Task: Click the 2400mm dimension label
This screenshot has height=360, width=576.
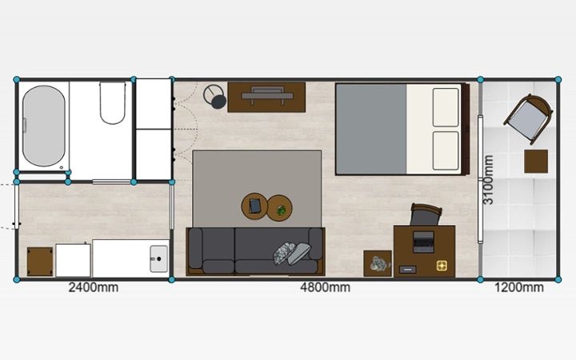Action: click(x=94, y=287)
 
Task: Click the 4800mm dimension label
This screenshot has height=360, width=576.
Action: click(x=325, y=287)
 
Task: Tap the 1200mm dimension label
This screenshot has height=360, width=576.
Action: click(x=518, y=287)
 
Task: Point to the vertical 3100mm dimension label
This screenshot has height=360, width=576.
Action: click(x=488, y=180)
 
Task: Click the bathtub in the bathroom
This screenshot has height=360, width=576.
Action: click(x=44, y=126)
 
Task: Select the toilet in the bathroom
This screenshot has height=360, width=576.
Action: click(x=113, y=102)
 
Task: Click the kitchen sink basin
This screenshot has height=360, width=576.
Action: click(x=159, y=259)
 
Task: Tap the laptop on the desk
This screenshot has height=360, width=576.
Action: click(x=423, y=242)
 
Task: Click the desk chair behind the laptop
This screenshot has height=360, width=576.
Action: click(x=426, y=214)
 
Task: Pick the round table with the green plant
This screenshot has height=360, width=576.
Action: click(x=279, y=208)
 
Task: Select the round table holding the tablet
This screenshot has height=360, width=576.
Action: click(x=254, y=206)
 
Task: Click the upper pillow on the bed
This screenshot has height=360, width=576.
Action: click(x=446, y=107)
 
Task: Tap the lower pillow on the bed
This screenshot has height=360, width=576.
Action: click(x=446, y=150)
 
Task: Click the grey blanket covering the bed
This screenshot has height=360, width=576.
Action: click(x=371, y=129)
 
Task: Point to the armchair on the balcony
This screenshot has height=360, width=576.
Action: click(x=529, y=118)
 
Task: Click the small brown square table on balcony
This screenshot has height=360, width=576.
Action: click(x=536, y=162)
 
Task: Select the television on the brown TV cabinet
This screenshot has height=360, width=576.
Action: click(x=267, y=95)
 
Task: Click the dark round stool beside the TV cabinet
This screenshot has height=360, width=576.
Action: click(x=218, y=102)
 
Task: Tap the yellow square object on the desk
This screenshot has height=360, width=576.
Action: click(x=442, y=266)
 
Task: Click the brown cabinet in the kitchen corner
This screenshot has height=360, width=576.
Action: click(x=40, y=262)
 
